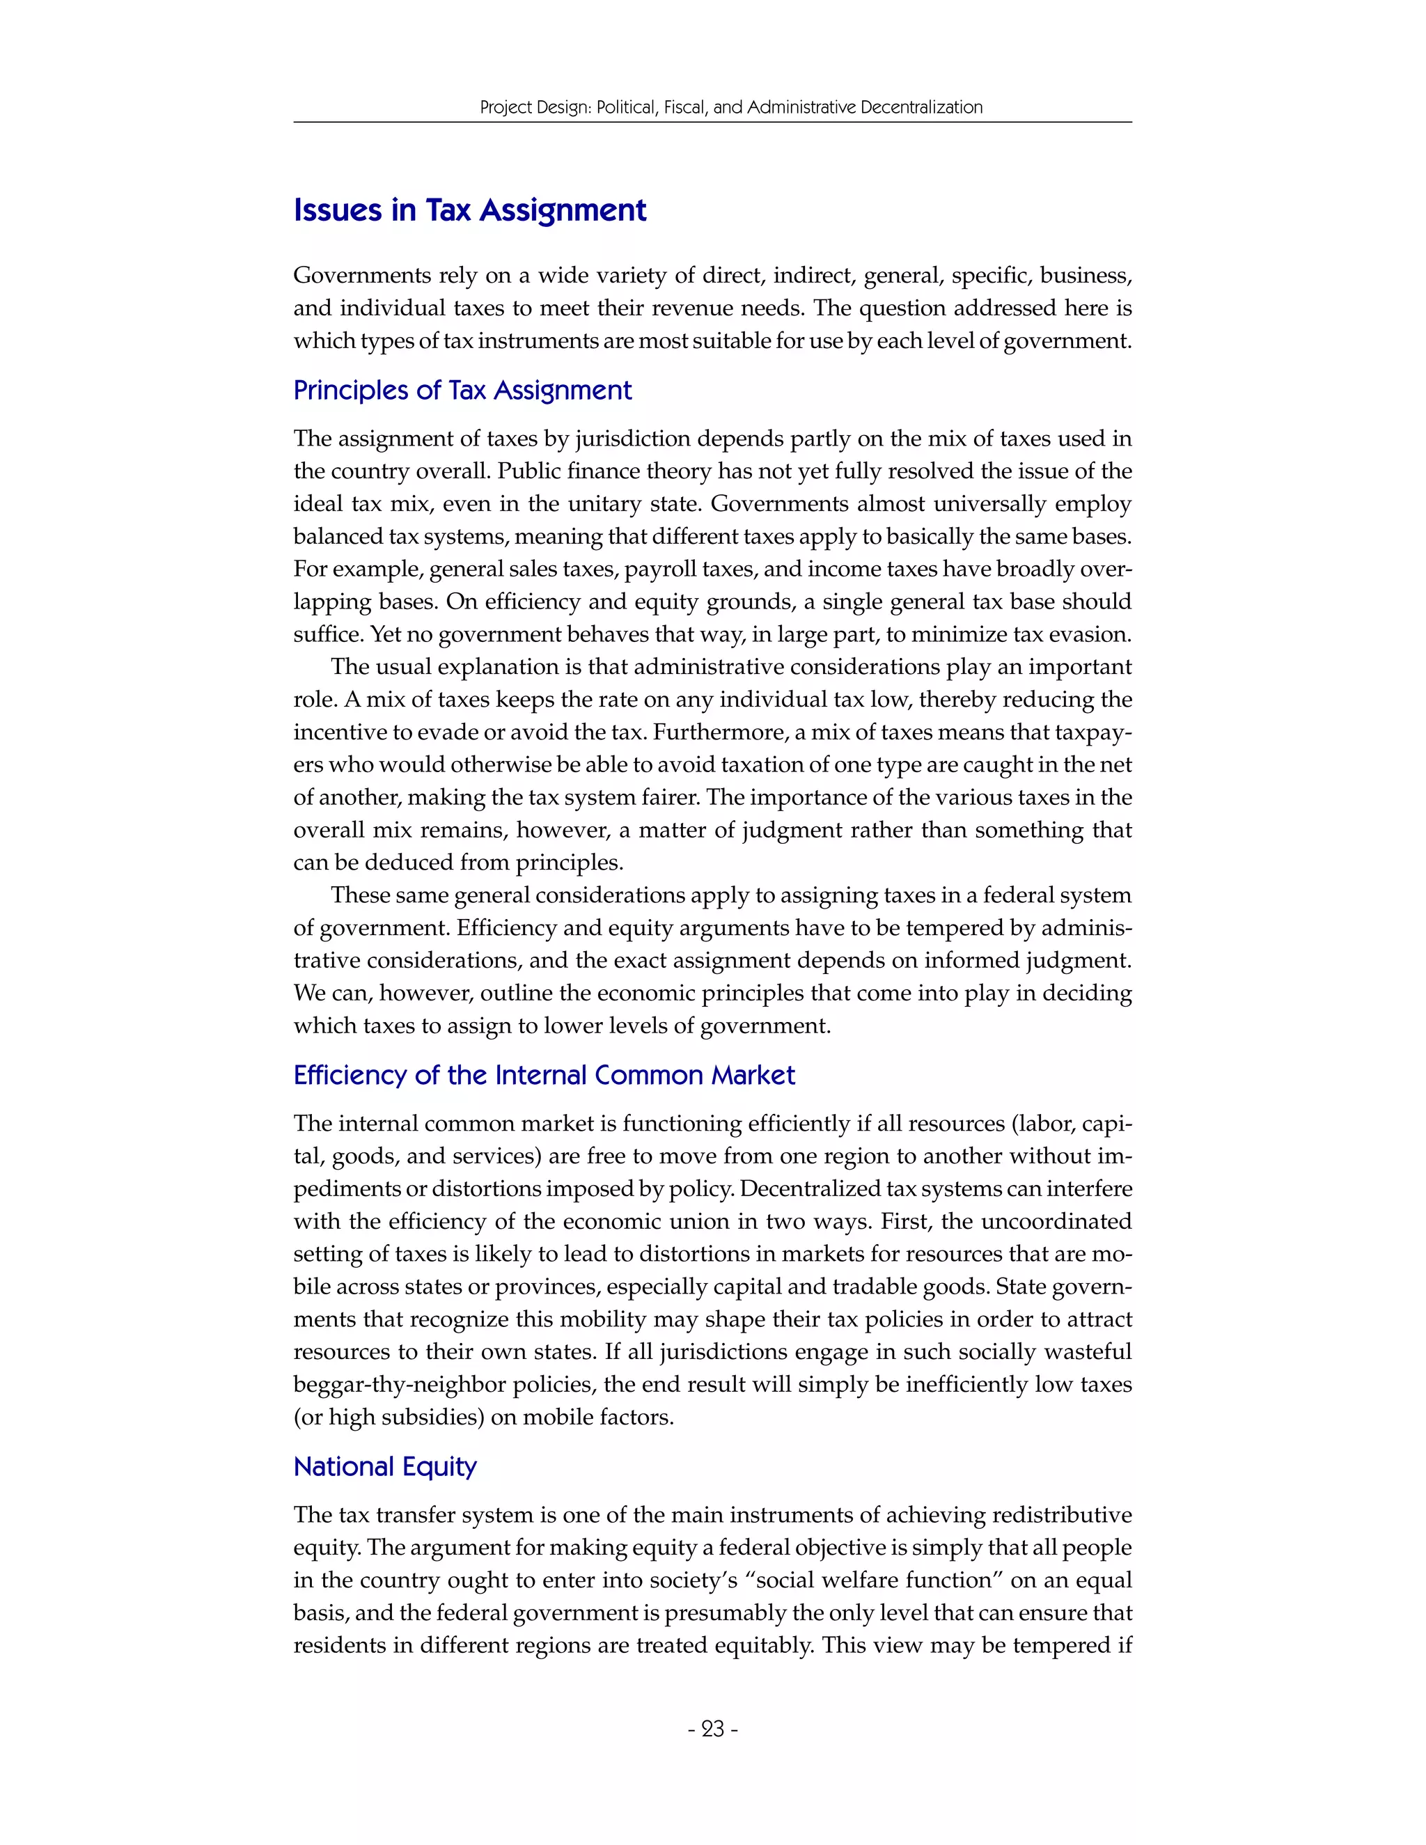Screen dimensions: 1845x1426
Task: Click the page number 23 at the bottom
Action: (x=713, y=1729)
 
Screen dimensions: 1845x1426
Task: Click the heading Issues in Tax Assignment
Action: (x=470, y=210)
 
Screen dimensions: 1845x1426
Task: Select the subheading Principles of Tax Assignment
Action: (x=462, y=391)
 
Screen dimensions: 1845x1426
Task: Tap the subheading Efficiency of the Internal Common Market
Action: (x=544, y=1076)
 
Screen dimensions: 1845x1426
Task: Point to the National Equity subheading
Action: (x=385, y=1466)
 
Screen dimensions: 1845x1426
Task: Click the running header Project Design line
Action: (x=730, y=107)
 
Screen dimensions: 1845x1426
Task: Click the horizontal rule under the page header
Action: (x=712, y=123)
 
